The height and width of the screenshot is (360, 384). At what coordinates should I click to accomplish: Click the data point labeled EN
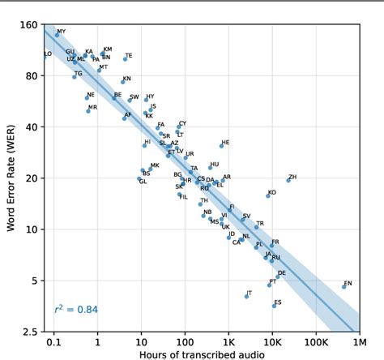(343, 286)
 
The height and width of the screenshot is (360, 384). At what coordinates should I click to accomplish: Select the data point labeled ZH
(288, 180)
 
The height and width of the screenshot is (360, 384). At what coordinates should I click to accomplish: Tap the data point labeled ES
(274, 306)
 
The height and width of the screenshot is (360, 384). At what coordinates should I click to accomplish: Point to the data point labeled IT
(246, 296)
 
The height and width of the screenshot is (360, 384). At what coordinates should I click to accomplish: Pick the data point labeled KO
(268, 195)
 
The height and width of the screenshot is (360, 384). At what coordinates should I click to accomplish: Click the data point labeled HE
(221, 146)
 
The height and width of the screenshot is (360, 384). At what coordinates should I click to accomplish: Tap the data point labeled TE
(125, 58)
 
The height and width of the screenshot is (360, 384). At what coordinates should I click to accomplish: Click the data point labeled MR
(88, 110)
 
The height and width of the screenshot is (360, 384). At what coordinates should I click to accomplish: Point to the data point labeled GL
(139, 179)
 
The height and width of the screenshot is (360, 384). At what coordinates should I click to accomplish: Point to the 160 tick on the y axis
(28, 25)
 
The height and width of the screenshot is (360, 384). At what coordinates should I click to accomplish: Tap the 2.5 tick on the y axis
(29, 332)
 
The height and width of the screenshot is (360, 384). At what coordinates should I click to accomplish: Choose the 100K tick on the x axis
(315, 341)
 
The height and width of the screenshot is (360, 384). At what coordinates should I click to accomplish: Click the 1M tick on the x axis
(358, 341)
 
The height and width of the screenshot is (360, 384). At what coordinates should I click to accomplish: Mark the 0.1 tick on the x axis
(54, 341)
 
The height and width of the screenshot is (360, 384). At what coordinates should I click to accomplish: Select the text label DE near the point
(282, 273)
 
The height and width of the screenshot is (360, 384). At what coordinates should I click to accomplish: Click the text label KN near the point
(126, 79)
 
